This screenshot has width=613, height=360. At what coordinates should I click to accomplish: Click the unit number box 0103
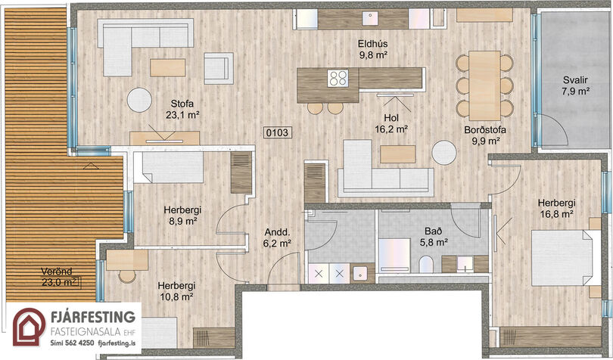pyautogui.click(x=277, y=133)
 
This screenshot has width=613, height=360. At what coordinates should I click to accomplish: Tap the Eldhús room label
pyautogui.click(x=373, y=44)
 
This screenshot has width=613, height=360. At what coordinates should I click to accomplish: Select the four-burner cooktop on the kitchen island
pyautogui.click(x=338, y=78)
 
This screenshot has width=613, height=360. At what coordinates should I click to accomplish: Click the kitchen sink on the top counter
pyautogui.click(x=370, y=18)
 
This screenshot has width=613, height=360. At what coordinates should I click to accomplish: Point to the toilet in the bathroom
pyautogui.click(x=426, y=265)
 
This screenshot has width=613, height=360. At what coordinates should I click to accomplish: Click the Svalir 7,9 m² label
pyautogui.click(x=575, y=86)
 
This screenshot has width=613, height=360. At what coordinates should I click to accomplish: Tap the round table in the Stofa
pyautogui.click(x=139, y=100)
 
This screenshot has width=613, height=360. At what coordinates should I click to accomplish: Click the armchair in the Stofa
pyautogui.click(x=219, y=68)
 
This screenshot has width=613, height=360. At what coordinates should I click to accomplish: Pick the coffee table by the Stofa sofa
pyautogui.click(x=168, y=67)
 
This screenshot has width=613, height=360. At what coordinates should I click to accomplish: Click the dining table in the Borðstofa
pyautogui.click(x=485, y=85)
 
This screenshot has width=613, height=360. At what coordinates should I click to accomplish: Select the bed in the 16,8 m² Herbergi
pyautogui.click(x=565, y=258)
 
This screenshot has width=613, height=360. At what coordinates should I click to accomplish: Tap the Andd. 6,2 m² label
pyautogui.click(x=277, y=238)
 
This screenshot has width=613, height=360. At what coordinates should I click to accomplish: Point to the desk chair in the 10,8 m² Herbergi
pyautogui.click(x=127, y=276)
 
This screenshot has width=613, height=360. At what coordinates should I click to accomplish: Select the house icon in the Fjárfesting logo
pyautogui.click(x=30, y=327)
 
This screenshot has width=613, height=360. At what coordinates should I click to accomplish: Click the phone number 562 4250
pyautogui.click(x=79, y=343)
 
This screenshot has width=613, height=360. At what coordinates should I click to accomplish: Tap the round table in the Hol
pyautogui.click(x=444, y=153)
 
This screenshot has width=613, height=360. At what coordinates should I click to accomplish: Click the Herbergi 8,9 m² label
pyautogui.click(x=182, y=216)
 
